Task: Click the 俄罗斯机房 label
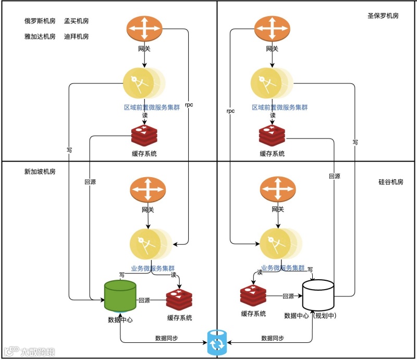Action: point(40,21)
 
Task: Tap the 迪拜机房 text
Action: point(76,36)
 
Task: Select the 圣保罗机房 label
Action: point(383,16)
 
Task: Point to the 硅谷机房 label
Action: point(390,182)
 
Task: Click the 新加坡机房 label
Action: point(40,171)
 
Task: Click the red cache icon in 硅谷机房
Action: point(253,296)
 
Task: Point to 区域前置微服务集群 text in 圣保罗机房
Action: point(280,107)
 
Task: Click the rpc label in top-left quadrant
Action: point(189,105)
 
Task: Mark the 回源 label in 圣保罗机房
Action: point(334,176)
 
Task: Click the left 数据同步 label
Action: point(166,338)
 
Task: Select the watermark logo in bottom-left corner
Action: point(29,352)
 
